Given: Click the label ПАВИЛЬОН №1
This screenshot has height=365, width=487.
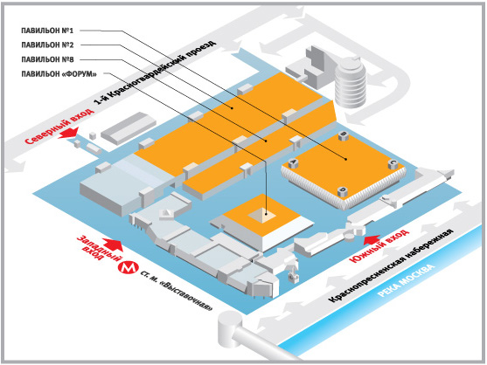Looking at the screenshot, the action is click(47, 31).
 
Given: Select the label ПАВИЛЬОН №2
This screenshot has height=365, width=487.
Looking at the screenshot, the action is click(47, 45).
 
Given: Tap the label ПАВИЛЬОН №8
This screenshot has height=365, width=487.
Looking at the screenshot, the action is click(47, 59).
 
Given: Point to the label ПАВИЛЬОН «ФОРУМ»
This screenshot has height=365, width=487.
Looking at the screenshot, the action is click(59, 74).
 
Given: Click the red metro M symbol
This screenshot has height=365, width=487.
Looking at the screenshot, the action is click(128, 267).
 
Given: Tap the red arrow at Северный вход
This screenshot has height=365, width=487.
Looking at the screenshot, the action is click(69, 133).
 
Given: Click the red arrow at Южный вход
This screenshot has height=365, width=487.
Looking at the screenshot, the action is click(372, 240).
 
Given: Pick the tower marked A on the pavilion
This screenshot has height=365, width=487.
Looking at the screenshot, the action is click(293, 162).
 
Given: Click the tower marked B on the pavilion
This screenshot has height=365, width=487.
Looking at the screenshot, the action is click(343, 135).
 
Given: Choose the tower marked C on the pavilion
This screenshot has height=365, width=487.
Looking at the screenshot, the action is click(393, 163).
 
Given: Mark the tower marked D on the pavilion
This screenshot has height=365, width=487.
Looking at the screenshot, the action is click(343, 191).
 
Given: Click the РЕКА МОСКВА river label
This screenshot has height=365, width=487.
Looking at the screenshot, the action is click(406, 280).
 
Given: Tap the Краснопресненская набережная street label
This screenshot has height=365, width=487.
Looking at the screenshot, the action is click(391, 266).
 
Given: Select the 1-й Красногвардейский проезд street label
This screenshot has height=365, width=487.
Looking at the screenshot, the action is click(155, 72).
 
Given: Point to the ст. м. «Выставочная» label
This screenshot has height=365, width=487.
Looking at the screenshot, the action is click(177, 291).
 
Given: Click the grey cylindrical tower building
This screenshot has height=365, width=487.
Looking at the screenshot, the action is click(351, 82).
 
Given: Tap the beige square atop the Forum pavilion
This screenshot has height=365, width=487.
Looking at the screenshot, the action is click(261, 215).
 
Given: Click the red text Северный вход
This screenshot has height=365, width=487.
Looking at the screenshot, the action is click(59, 127).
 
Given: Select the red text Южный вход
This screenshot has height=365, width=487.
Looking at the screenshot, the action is click(379, 245).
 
